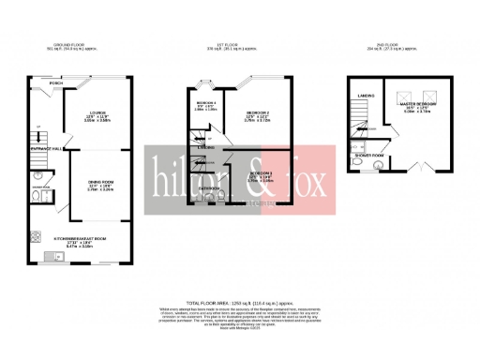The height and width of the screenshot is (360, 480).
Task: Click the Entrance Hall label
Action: (45, 148)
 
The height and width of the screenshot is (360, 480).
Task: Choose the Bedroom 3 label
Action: (261, 173)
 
